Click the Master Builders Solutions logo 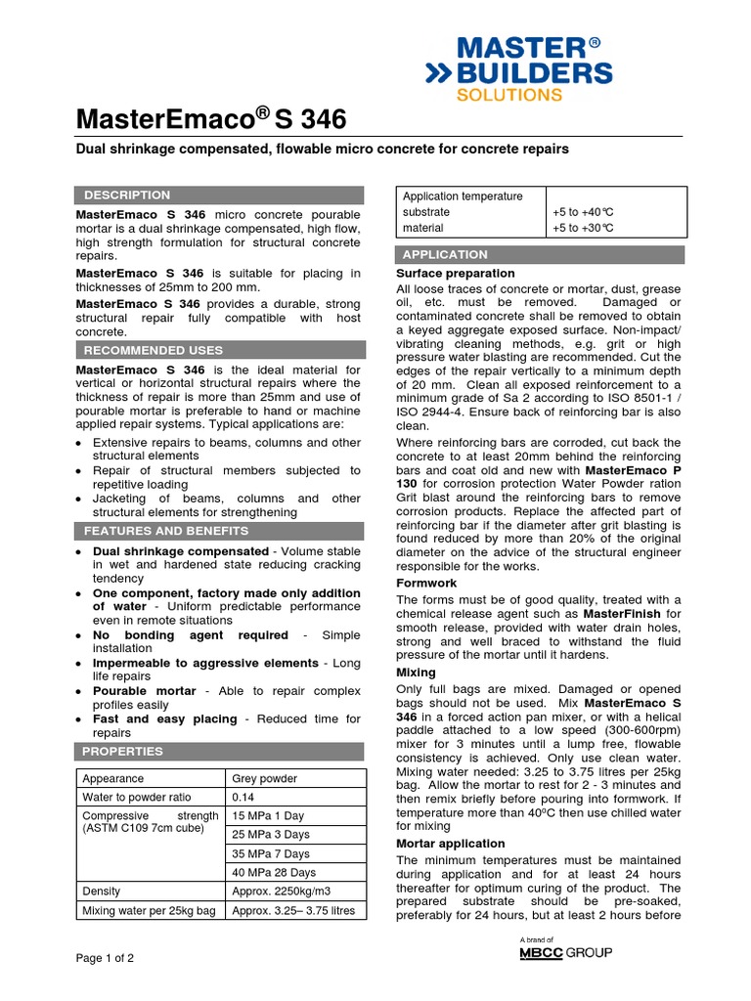click(518, 68)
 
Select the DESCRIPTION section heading click(127, 196)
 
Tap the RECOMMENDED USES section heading click(154, 350)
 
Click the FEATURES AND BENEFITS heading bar click(166, 531)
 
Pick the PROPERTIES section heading click(122, 752)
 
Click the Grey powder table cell click(263, 779)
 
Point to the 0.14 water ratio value click(243, 797)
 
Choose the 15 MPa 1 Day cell click(268, 816)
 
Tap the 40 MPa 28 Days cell click(274, 872)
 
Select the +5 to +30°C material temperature click(583, 228)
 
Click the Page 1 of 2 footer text click(106, 958)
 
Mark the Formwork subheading click(426, 583)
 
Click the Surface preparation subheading click(455, 273)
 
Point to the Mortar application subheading click(450, 843)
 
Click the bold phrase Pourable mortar click(145, 691)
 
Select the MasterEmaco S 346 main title click(211, 120)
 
